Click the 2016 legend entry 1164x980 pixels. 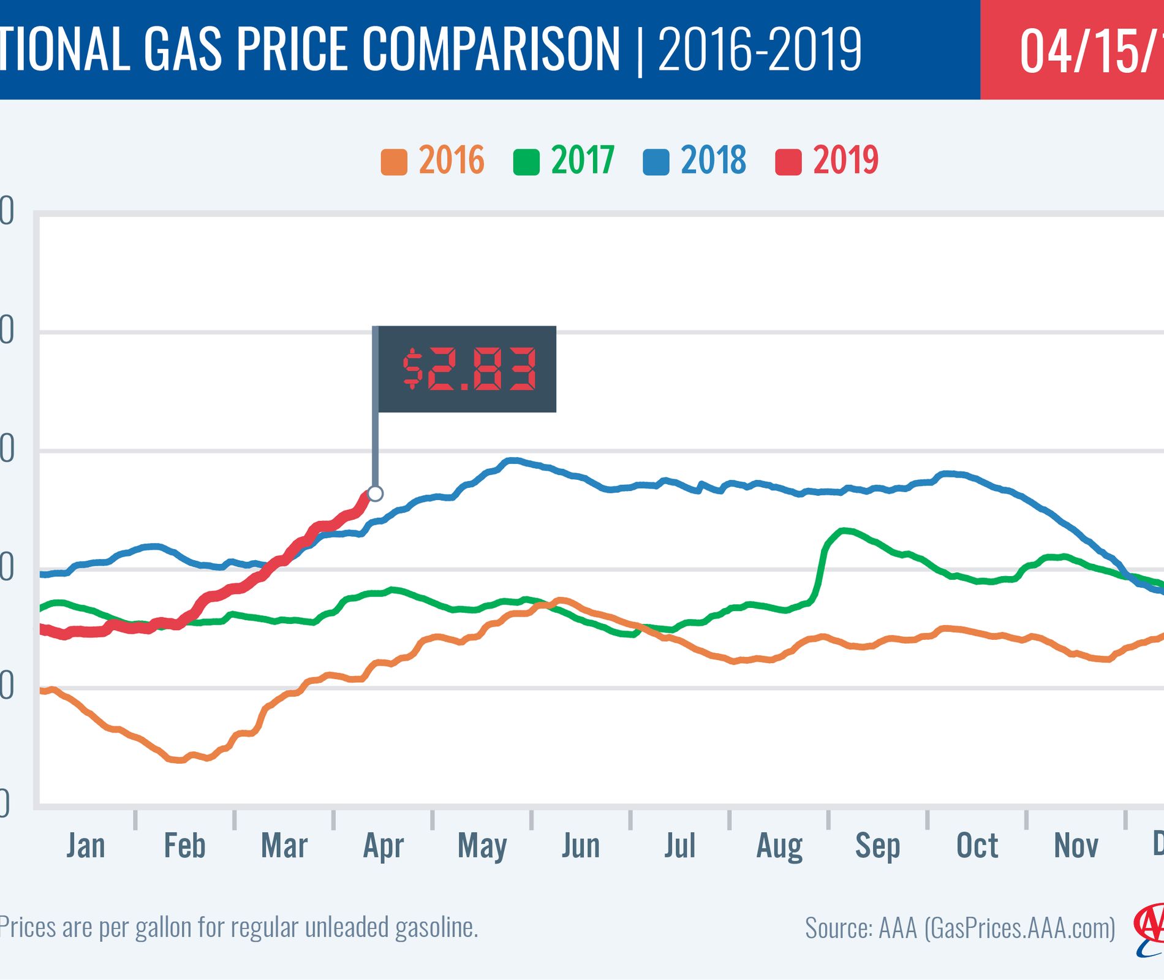point(433,161)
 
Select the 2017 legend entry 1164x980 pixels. point(564,161)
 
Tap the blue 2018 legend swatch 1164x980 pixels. point(656,162)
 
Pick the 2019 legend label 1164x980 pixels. point(845,161)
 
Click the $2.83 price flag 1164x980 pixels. point(467,369)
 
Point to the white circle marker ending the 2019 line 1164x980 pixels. point(376,493)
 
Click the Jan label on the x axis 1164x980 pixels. point(86,846)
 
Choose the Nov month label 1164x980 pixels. point(1076,846)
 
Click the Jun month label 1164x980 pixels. point(581,846)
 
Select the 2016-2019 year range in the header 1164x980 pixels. point(760,49)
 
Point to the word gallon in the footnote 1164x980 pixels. point(165,928)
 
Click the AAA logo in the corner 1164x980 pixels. point(1149,929)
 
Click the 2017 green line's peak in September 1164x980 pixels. point(844,530)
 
